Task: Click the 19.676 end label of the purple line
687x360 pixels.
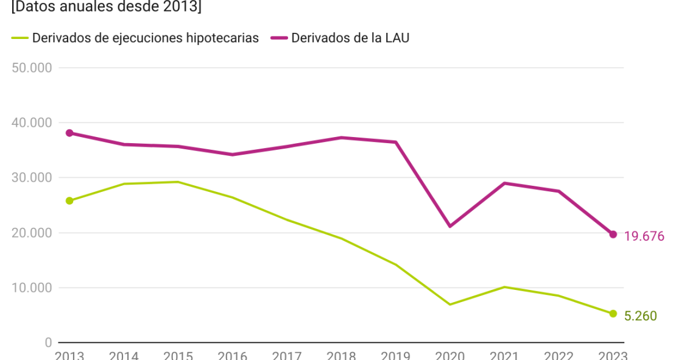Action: coord(644,236)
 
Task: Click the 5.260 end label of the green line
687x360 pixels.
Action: coord(640,316)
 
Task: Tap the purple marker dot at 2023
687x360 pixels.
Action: coord(613,235)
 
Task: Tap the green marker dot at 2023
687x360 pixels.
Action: coord(613,314)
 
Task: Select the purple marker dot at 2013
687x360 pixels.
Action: coord(69,133)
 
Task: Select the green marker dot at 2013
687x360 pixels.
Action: coord(69,200)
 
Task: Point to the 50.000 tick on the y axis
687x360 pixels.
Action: coord(32,68)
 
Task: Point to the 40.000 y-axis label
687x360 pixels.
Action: coord(32,122)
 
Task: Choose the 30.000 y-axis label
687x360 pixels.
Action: coord(32,178)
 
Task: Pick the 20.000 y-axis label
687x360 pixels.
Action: coord(32,233)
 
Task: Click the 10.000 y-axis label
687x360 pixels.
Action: coord(32,288)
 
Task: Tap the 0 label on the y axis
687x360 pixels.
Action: coord(48,342)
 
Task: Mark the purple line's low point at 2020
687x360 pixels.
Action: coord(450,226)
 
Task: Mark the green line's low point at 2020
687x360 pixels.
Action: coord(450,304)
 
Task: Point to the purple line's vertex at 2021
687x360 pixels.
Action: coord(504,183)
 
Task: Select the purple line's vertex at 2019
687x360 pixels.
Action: coord(396,142)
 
